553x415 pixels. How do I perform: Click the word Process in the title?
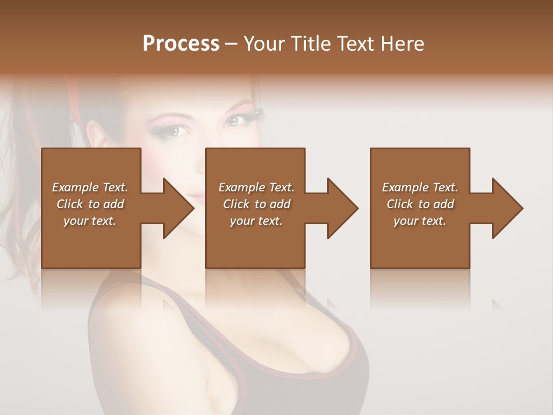[181, 44]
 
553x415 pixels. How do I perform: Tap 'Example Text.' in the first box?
[90, 187]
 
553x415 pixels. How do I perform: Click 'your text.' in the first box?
[90, 221]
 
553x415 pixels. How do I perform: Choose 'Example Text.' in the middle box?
[256, 187]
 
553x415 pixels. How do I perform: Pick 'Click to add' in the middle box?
[256, 204]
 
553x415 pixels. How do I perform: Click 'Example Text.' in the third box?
[420, 187]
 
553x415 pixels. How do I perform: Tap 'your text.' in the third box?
[420, 221]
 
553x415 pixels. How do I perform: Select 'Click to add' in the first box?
[90, 204]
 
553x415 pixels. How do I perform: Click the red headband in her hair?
[74, 101]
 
